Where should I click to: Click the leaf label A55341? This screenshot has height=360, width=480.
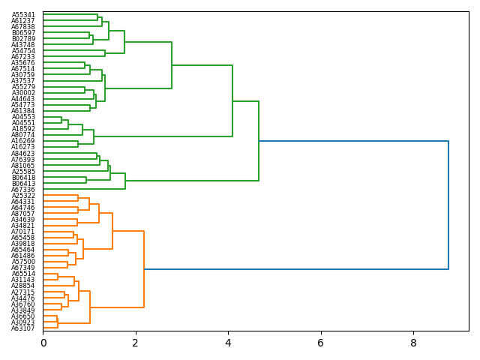coord(23,15)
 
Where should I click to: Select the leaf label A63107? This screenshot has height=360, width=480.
coord(23,328)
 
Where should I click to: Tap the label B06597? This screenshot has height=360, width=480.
coord(23,33)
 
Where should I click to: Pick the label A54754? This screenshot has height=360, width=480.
coord(23,51)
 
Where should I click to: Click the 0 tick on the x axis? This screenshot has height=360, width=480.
coord(43,343)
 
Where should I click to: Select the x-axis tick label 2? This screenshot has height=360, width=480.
coord(136,343)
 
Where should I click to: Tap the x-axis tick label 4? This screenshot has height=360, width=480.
coord(228,343)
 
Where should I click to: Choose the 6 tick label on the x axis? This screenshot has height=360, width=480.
coord(321,343)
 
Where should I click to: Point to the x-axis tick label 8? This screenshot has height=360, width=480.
coord(413,343)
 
